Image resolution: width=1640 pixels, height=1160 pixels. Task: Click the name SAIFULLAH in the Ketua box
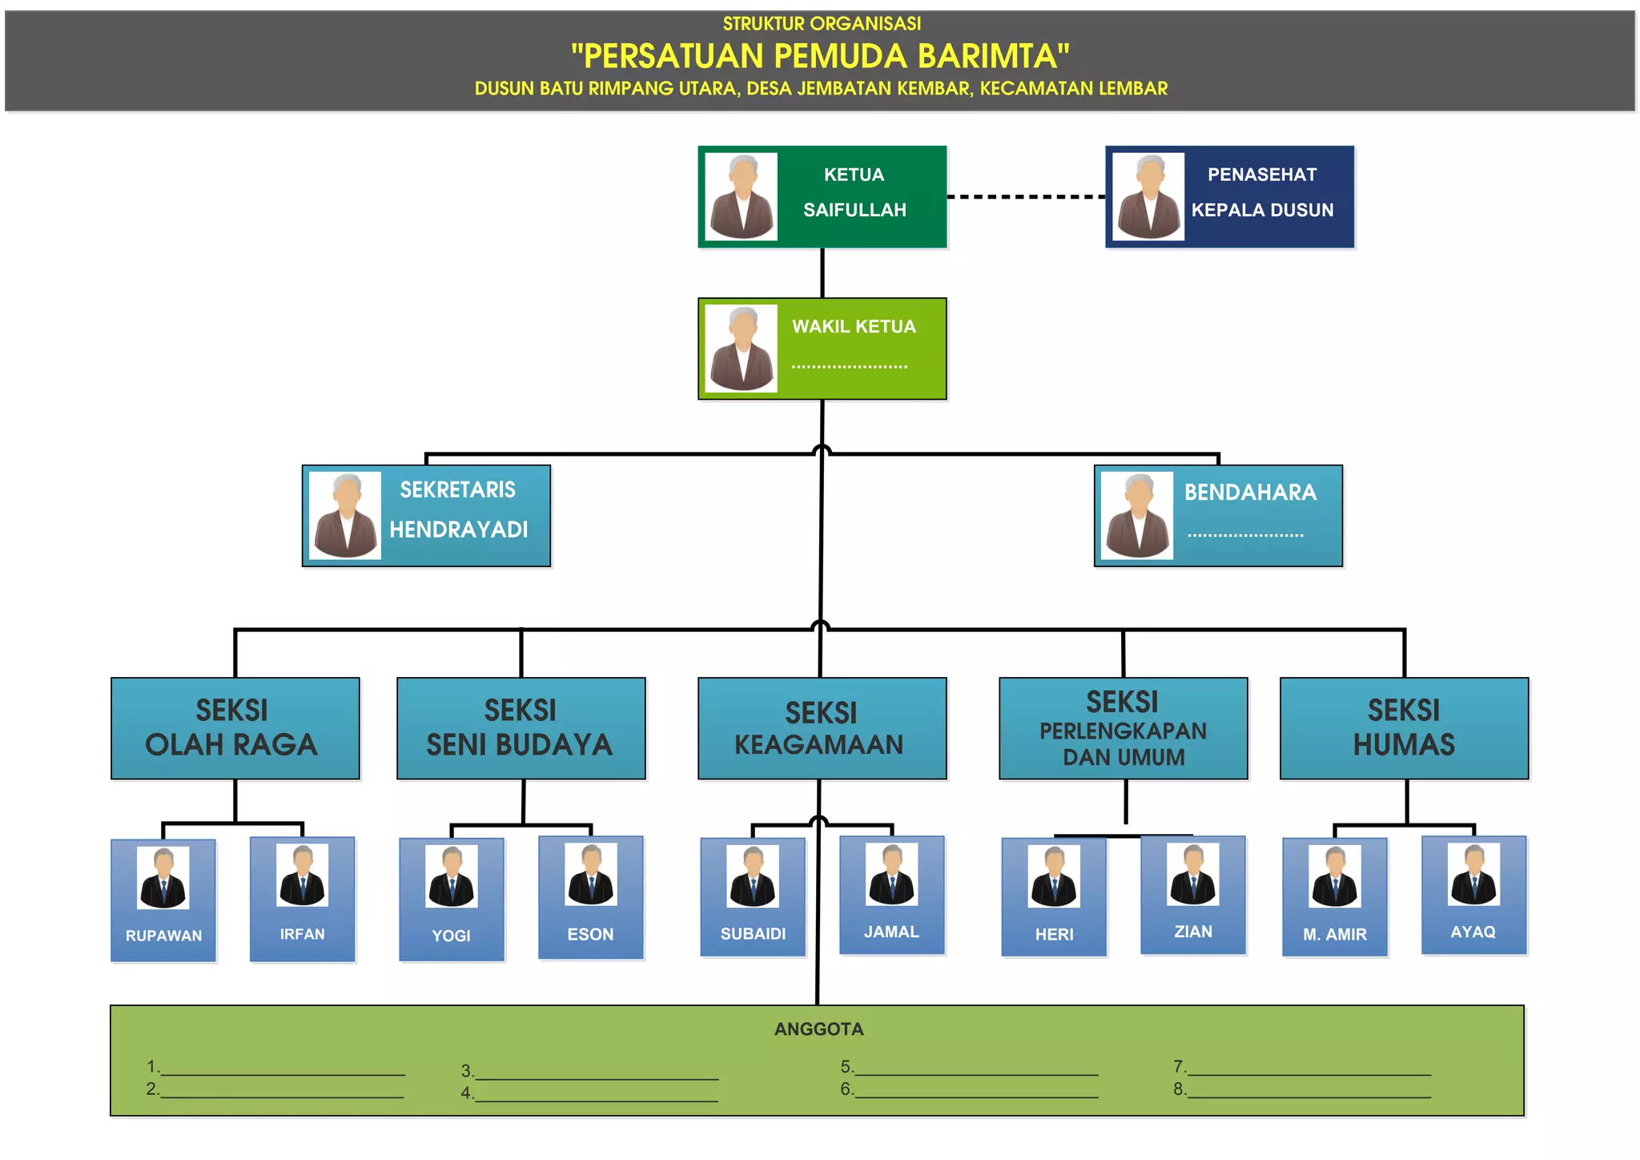click(x=854, y=210)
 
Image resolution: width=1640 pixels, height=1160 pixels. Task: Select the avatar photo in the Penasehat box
click(x=1148, y=197)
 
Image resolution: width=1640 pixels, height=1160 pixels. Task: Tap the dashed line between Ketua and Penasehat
click(x=1026, y=196)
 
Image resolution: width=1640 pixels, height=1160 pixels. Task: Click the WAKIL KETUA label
click(x=854, y=327)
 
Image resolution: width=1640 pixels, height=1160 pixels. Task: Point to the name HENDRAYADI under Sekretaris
click(x=458, y=530)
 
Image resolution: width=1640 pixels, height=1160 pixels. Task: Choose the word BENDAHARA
click(x=1250, y=493)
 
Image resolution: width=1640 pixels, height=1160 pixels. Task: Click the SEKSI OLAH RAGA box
click(x=235, y=728)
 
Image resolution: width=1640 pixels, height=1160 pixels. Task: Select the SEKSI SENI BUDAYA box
click(x=521, y=728)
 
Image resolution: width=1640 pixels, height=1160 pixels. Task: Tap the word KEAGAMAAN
click(x=818, y=745)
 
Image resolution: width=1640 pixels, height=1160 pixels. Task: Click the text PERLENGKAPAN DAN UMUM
click(x=1123, y=744)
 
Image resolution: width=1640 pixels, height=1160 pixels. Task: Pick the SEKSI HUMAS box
click(x=1404, y=728)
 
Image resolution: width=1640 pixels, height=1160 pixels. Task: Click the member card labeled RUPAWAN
click(x=163, y=900)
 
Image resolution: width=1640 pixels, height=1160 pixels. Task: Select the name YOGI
click(x=451, y=936)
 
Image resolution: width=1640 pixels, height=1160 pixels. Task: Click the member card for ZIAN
click(x=1192, y=895)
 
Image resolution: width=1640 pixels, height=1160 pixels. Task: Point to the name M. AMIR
click(x=1334, y=935)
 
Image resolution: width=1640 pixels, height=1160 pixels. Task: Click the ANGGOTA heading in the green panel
click(x=818, y=1029)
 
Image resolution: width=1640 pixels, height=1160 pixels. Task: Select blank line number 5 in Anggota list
click(x=975, y=1069)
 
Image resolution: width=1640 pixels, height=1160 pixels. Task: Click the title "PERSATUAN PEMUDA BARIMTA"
click(x=820, y=56)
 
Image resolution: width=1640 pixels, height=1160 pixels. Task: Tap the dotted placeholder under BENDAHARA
click(x=1245, y=534)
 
